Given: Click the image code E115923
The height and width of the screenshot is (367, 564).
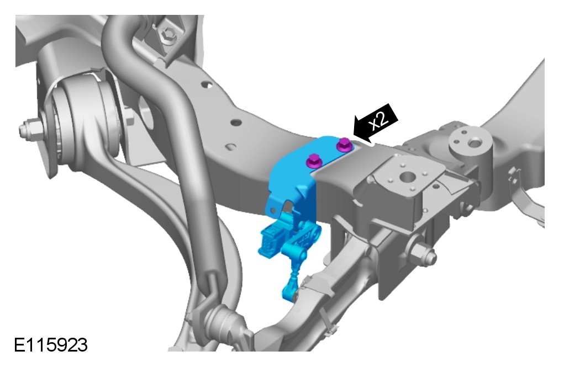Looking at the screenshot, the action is point(51,345).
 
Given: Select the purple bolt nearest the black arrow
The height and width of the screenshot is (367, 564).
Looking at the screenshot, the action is point(343,144).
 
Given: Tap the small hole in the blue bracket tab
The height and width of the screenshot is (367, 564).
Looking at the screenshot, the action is point(274,209).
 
